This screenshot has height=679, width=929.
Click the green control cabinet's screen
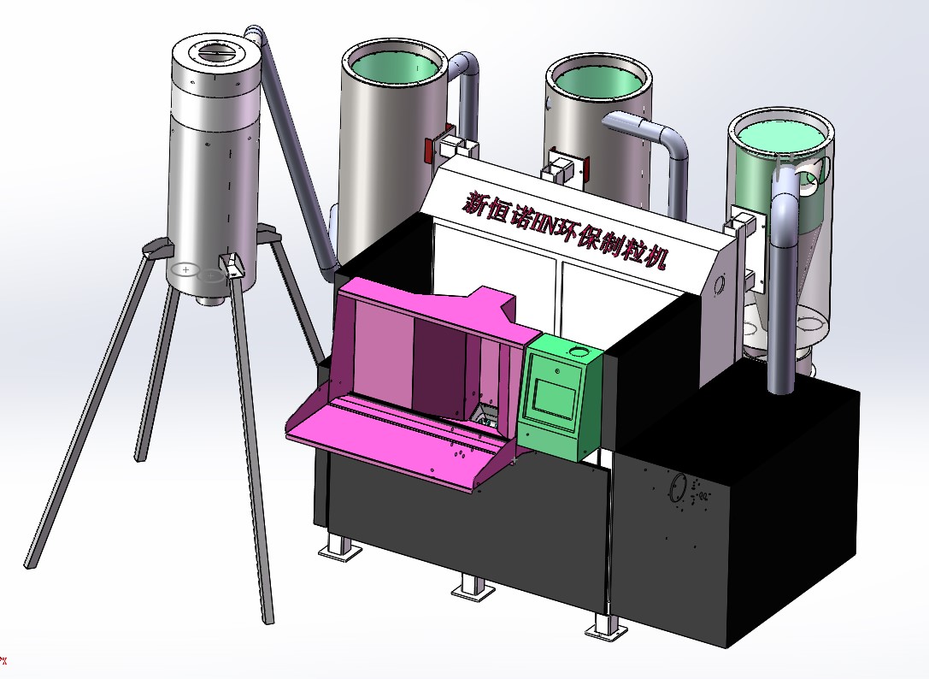point(555,397)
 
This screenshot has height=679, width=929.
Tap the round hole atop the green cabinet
point(577,351)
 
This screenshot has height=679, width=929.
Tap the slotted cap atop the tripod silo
point(216,53)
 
